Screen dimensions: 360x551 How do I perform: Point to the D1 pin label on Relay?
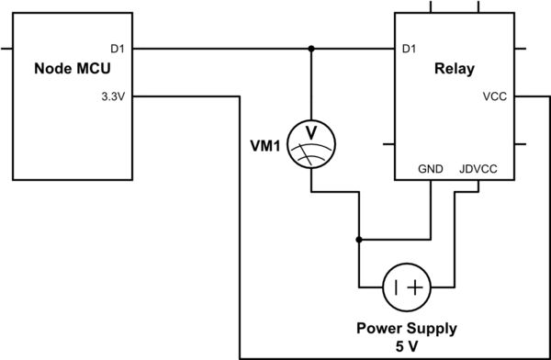[x=410, y=48]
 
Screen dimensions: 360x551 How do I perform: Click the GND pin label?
[x=430, y=170]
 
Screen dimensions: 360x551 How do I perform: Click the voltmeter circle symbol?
[x=311, y=144]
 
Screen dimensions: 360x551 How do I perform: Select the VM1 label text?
[x=264, y=144]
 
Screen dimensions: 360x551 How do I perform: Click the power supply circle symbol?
[x=406, y=287]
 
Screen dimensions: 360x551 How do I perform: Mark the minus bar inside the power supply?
[x=395, y=287]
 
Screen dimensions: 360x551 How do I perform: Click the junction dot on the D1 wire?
[x=311, y=48]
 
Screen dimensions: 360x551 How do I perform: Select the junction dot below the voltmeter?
[x=359, y=239]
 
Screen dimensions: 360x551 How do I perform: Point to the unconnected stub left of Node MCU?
[x=7, y=48]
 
